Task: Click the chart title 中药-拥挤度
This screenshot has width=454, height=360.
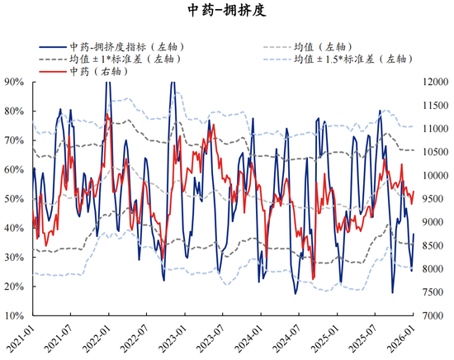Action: point(227,11)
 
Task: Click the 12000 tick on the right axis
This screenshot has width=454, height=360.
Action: point(435,82)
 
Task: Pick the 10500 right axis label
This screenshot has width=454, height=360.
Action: point(435,152)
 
